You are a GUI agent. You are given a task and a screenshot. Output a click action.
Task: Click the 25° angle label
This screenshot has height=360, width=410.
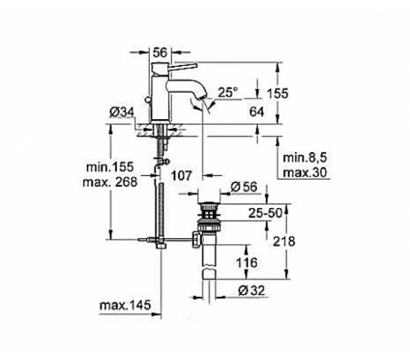tap(228, 92)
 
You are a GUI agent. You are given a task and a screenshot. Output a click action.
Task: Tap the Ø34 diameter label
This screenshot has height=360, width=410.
tap(122, 112)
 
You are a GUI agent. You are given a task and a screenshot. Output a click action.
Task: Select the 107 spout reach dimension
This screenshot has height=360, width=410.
tap(181, 176)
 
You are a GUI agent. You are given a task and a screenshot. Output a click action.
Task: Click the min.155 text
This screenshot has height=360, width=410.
tap(110, 167)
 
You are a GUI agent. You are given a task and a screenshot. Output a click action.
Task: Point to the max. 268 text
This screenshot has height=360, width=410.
tap(110, 182)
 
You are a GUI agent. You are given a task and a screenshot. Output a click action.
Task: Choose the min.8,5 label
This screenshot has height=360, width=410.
tap(305, 158)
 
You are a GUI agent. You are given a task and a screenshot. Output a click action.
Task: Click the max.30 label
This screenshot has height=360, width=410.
tap(305, 173)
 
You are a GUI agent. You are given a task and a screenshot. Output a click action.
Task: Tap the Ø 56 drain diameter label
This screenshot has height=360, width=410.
tap(244, 187)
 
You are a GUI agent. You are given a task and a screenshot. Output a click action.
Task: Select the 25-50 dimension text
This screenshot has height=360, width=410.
tap(265, 213)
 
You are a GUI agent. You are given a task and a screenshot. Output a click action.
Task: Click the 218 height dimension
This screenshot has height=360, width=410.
tap(284, 242)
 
